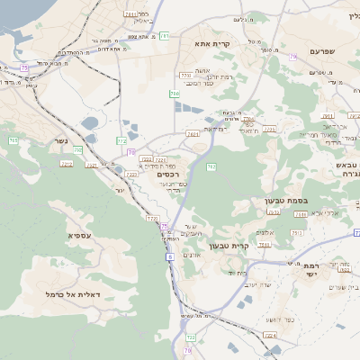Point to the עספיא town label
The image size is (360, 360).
pos(78,235)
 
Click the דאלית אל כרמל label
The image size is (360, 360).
pos(78,294)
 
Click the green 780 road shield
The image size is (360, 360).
pos(175,94)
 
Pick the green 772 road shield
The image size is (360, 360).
pos(121,141)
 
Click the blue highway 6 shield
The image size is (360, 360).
pos(169,256)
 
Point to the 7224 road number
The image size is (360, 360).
pos(269,336)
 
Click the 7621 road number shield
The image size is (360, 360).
pos(193,134)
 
